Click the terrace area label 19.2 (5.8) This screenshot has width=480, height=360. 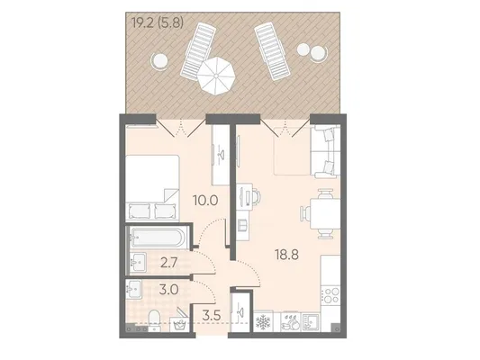click(x=158, y=22)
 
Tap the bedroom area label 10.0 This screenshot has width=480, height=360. click(x=205, y=201)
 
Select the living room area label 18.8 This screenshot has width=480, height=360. click(x=286, y=255)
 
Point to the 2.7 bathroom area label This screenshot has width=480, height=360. click(x=169, y=263)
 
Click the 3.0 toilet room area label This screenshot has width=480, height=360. click(x=168, y=289)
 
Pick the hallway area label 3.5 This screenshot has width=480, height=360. click(x=212, y=315)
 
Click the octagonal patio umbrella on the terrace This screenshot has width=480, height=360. click(x=216, y=76)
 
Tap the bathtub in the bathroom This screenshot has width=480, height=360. click(x=156, y=238)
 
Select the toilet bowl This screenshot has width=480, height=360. click(x=154, y=320)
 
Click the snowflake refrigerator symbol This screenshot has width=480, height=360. click(x=263, y=322)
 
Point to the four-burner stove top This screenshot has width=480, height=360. click(x=331, y=294)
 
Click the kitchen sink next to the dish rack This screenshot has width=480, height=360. click(x=310, y=322)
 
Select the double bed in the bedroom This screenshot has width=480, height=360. click(x=152, y=188)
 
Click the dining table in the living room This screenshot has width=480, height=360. click(x=325, y=214)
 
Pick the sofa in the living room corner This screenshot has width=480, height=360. click(x=325, y=152)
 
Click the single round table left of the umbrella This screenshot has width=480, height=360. click(x=159, y=60)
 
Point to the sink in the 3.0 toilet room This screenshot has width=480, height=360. click(x=133, y=289)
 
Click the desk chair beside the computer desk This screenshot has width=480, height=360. click(x=257, y=196)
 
